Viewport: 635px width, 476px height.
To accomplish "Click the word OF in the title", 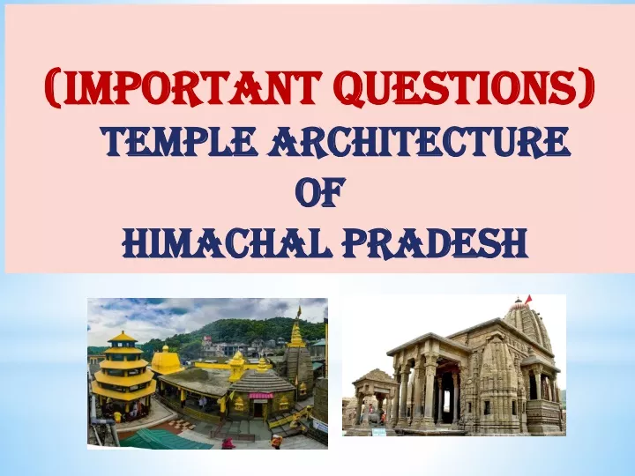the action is click(319, 192).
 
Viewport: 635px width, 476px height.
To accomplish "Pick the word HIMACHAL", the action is click(228, 243).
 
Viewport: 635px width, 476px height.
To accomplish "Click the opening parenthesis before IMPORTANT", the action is click(53, 88).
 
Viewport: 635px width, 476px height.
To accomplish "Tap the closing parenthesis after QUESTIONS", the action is click(586, 88).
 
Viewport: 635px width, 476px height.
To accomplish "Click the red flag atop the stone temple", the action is click(528, 300).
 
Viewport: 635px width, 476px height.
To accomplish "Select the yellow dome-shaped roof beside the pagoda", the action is click(166, 360).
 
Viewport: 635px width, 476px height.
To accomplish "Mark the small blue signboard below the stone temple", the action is click(379, 432).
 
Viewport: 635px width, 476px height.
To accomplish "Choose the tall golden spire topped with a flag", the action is click(298, 330).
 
